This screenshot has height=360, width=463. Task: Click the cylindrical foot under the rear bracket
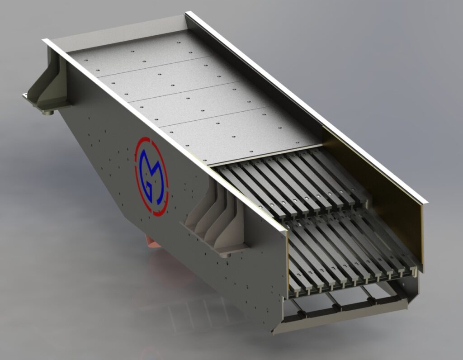tap(48, 113)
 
